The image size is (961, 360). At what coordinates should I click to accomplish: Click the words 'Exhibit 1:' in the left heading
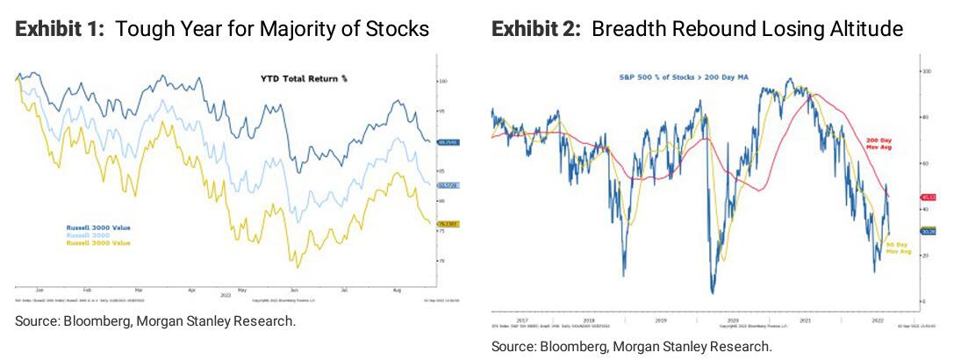61,30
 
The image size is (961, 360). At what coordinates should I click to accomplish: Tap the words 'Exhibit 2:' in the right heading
537,30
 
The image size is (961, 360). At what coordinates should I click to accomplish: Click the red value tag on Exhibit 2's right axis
927,197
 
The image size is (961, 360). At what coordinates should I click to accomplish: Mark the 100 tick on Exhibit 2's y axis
923,71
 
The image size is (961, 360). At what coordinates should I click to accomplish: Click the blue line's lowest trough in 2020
713,292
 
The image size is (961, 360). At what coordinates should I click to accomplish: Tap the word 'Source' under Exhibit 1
36,321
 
